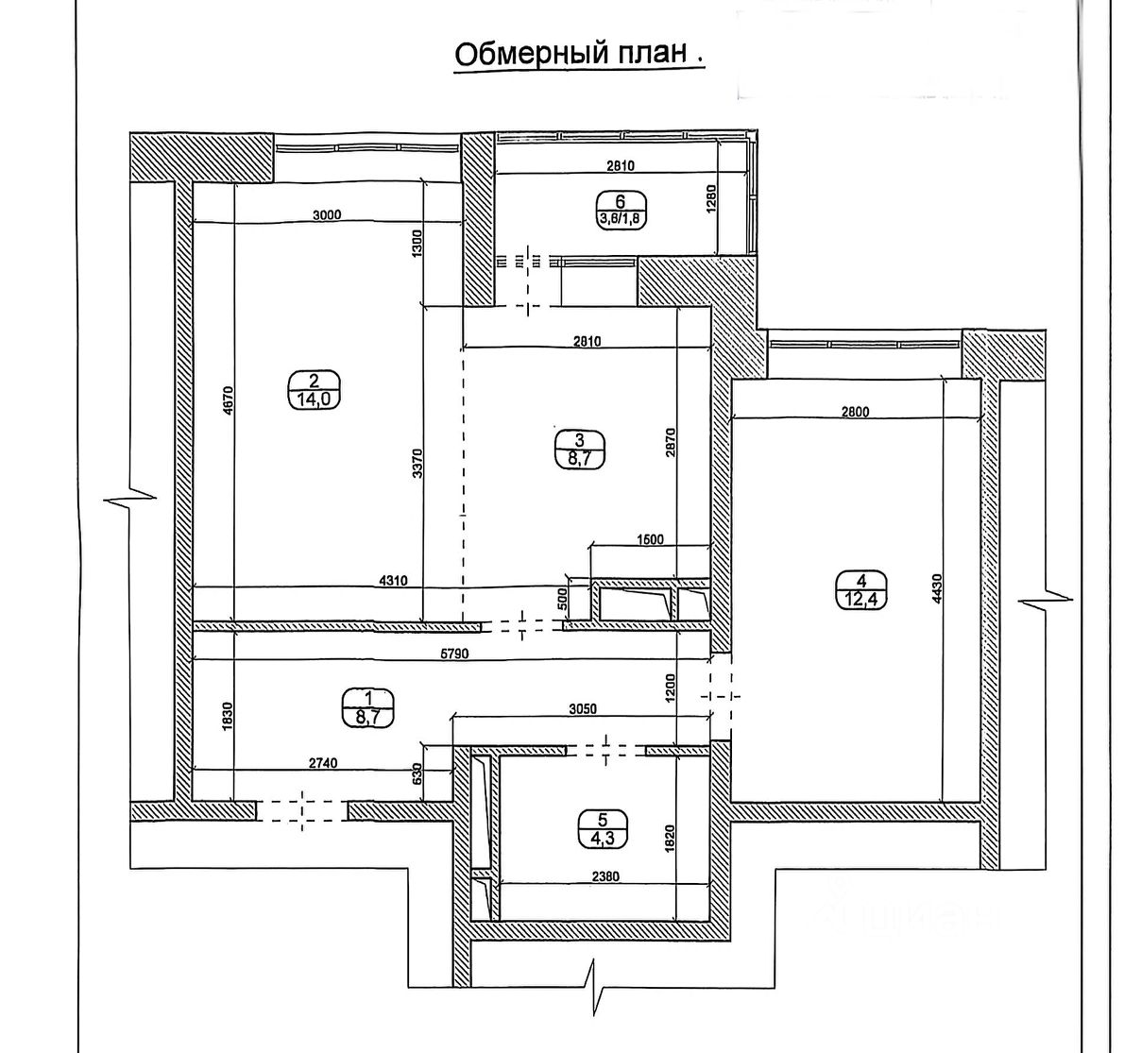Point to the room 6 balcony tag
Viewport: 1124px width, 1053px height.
tap(620, 208)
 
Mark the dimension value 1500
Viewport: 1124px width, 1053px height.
tap(650, 540)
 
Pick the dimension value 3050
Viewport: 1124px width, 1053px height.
tap(584, 708)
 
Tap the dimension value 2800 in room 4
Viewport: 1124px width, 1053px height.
tap(855, 411)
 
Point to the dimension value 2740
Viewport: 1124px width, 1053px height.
tap(322, 762)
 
